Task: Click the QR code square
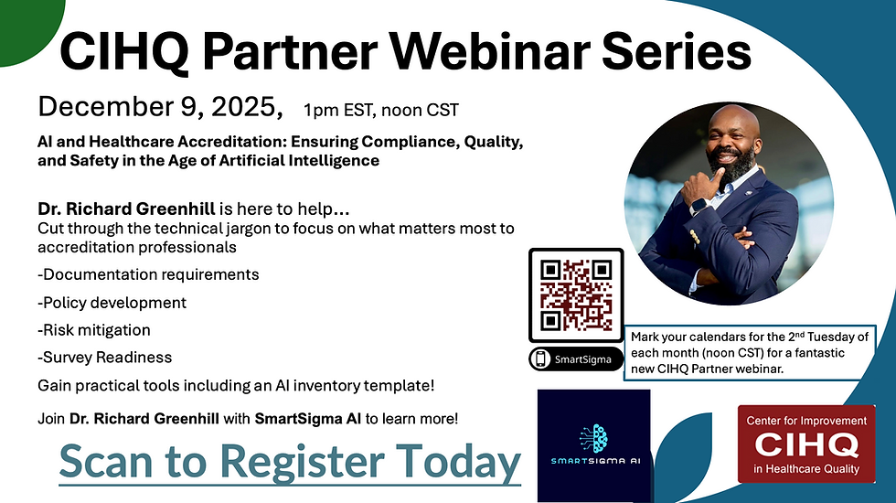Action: tap(576, 295)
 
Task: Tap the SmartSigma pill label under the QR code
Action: tap(576, 359)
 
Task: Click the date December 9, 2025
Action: tap(160, 107)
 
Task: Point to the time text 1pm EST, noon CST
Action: tap(381, 111)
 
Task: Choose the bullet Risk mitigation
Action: tap(94, 329)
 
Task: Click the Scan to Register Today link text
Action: tap(290, 463)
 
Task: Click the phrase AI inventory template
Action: tap(347, 385)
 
